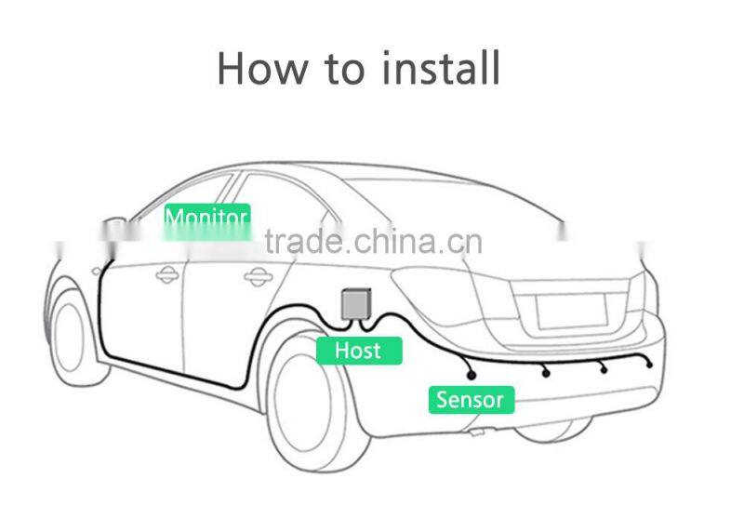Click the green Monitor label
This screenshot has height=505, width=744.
[x=206, y=219]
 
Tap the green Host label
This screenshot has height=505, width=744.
[x=358, y=351]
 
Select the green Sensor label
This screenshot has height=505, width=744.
[x=470, y=400]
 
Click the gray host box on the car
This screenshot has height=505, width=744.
[x=353, y=303]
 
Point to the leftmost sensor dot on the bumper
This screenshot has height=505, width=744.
[x=472, y=375]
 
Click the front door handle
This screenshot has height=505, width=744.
[x=167, y=274]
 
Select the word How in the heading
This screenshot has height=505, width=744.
[x=262, y=68]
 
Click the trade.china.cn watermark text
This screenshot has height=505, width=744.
[x=373, y=243]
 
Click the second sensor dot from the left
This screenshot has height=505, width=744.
[x=546, y=373]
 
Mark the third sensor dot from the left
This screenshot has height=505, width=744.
[x=604, y=370]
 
